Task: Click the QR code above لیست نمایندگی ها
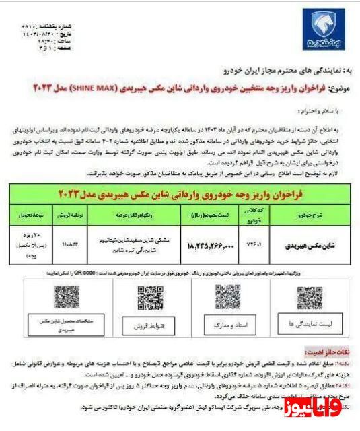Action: (x=310, y=298)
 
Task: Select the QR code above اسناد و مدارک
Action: (x=227, y=297)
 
